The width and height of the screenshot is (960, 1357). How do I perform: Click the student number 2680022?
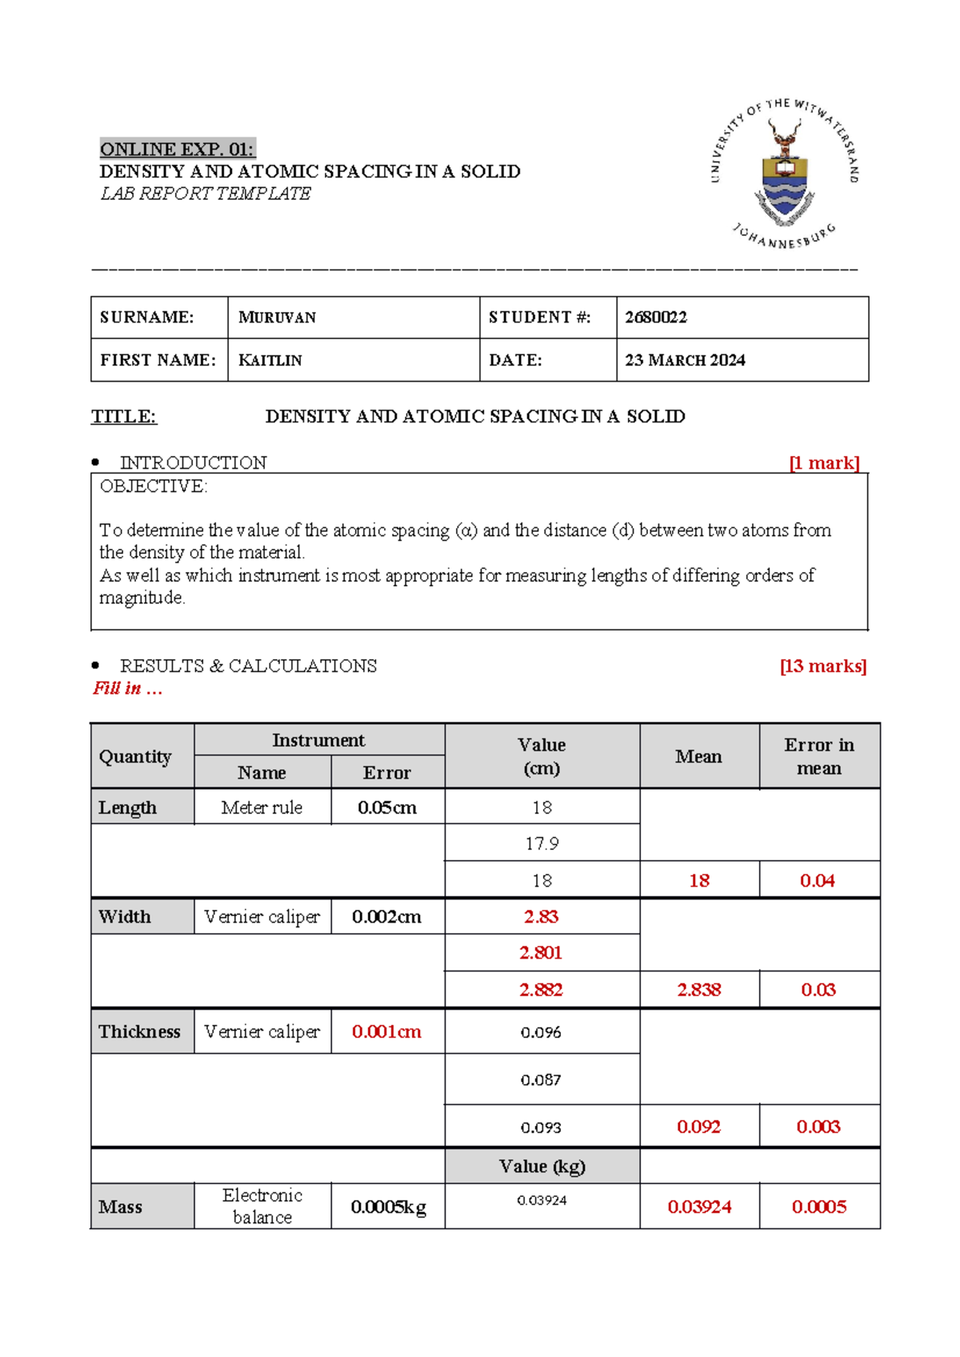pyautogui.click(x=656, y=318)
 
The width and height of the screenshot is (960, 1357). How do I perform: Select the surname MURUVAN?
pyautogui.click(x=277, y=318)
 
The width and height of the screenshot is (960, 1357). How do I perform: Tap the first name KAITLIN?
pyautogui.click(x=270, y=360)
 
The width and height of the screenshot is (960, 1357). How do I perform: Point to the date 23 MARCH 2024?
pyautogui.click(x=685, y=360)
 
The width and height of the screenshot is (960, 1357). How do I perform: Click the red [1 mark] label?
pyautogui.click(x=824, y=462)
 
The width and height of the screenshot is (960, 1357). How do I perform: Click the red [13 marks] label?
pyautogui.click(x=823, y=666)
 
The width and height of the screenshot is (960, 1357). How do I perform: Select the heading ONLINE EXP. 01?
pyautogui.click(x=177, y=149)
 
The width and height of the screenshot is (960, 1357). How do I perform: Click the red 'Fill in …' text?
pyautogui.click(x=128, y=688)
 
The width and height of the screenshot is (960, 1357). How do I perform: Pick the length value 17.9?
pyautogui.click(x=542, y=843)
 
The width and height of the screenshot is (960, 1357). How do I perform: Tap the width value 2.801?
pyautogui.click(x=541, y=952)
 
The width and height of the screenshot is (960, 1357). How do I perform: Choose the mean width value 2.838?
pyautogui.click(x=699, y=990)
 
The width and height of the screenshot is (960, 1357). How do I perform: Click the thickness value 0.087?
pyautogui.click(x=541, y=1080)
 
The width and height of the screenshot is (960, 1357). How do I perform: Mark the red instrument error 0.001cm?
pyautogui.click(x=386, y=1031)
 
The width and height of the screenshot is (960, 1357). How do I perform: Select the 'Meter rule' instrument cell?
pyautogui.click(x=262, y=807)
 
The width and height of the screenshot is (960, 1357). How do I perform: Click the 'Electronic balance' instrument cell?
pyautogui.click(x=262, y=1206)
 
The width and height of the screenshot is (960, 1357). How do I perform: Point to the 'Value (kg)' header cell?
pyautogui.click(x=542, y=1166)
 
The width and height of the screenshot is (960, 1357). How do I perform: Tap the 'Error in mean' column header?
pyautogui.click(x=818, y=756)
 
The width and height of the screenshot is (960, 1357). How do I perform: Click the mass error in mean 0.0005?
pyautogui.click(x=818, y=1207)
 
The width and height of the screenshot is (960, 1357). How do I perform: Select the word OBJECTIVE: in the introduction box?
pyautogui.click(x=154, y=486)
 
